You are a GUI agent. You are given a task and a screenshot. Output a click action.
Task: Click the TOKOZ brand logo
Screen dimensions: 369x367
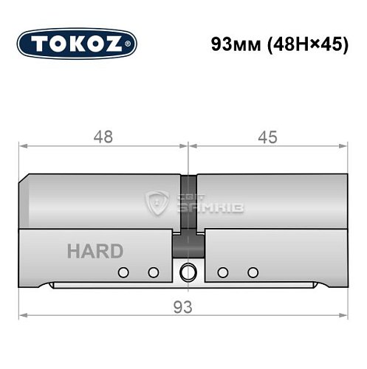coord(76,43)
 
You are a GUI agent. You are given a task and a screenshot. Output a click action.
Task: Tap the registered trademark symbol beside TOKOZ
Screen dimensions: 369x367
coord(134,44)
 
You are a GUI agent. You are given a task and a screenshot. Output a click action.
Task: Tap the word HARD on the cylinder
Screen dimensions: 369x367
coord(95,252)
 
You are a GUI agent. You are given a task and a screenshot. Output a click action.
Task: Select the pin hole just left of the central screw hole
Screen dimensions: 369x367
coord(153,272)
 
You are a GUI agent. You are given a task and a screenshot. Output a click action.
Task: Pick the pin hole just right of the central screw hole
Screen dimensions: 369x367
coord(221,272)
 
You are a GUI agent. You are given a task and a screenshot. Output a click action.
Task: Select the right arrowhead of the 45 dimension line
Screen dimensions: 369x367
coord(346,146)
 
